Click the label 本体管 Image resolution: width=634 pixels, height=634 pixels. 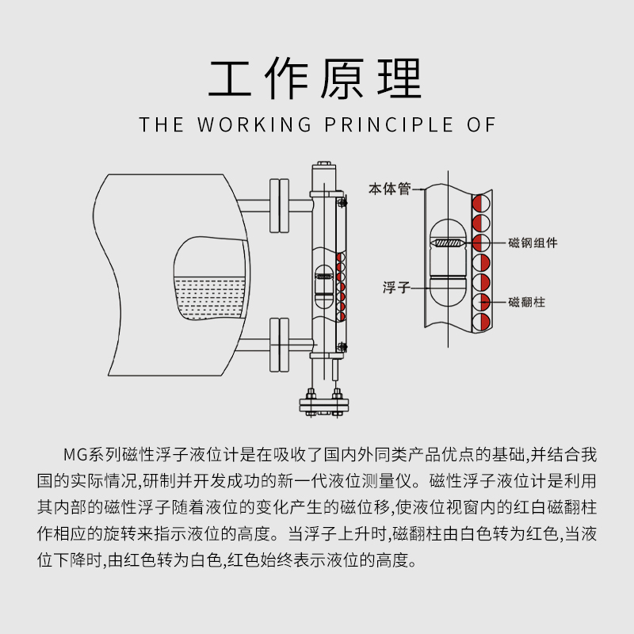388,189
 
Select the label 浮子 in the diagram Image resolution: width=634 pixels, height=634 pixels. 395,288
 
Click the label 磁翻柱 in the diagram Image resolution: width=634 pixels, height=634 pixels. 526,302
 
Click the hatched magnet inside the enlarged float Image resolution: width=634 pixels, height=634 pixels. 449,242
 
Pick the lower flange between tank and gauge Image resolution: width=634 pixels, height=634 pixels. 279,342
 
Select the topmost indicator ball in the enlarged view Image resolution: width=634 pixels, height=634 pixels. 482,203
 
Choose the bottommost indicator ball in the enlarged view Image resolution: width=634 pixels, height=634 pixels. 482,322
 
